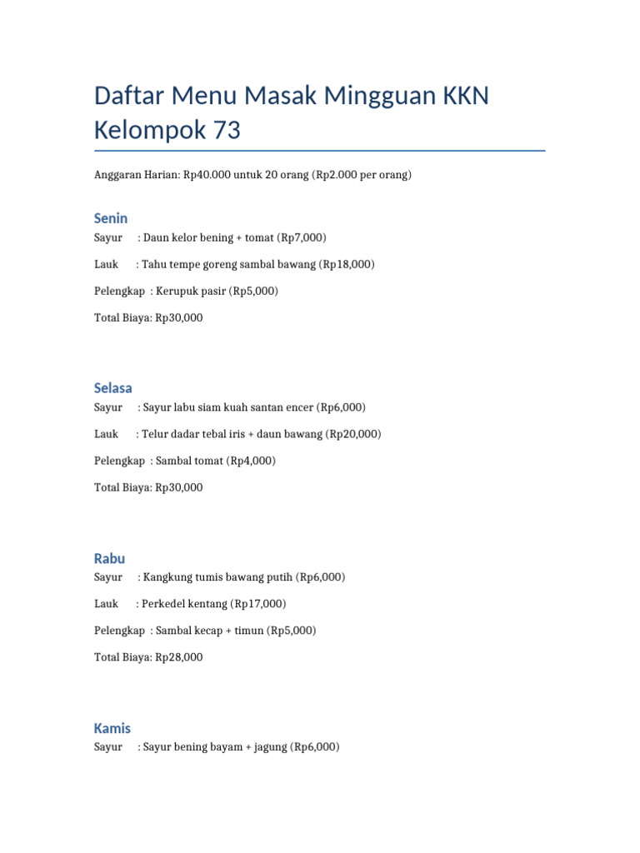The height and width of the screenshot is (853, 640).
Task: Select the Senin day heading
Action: [111, 218]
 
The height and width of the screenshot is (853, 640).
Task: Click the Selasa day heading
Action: [113, 388]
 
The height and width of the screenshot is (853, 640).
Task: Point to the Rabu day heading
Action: [110, 558]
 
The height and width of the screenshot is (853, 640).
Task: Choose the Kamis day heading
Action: [112, 728]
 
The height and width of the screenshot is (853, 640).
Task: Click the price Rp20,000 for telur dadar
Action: [354, 435]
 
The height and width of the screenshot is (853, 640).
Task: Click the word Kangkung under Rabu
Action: [167, 577]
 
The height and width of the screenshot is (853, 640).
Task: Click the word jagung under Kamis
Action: [267, 747]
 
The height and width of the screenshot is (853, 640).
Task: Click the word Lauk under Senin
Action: [107, 265]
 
